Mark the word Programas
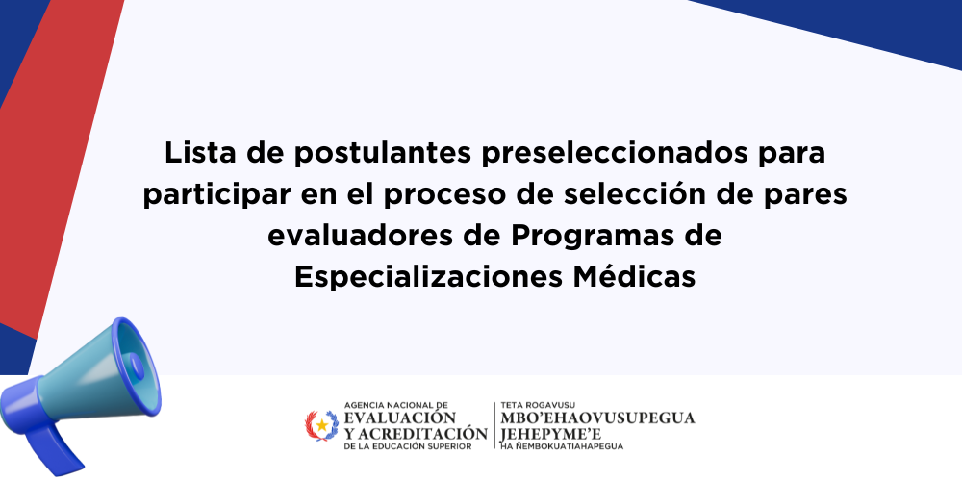click(x=585, y=237)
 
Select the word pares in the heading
click(x=808, y=195)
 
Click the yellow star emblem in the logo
click(x=322, y=425)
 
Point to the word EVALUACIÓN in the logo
click(x=400, y=418)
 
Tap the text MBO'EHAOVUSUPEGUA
click(x=597, y=418)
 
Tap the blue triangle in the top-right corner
click(x=860, y=25)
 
